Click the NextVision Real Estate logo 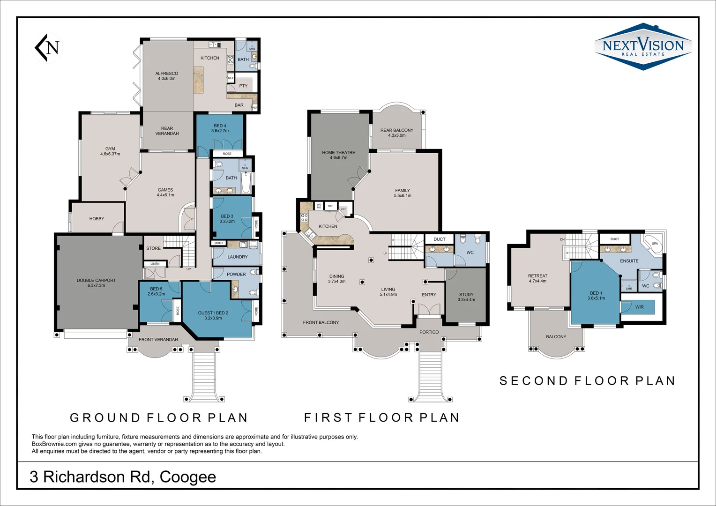[x=643, y=47]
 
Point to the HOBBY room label [x=97, y=219]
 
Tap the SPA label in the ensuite [x=655, y=244]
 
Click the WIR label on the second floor [x=639, y=307]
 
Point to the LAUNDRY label [x=238, y=257]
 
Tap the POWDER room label [x=236, y=275]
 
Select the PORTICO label [x=429, y=332]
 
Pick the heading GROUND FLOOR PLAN [x=159, y=417]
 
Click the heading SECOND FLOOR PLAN [x=587, y=381]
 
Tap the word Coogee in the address [x=188, y=477]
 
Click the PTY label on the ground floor [x=243, y=86]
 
